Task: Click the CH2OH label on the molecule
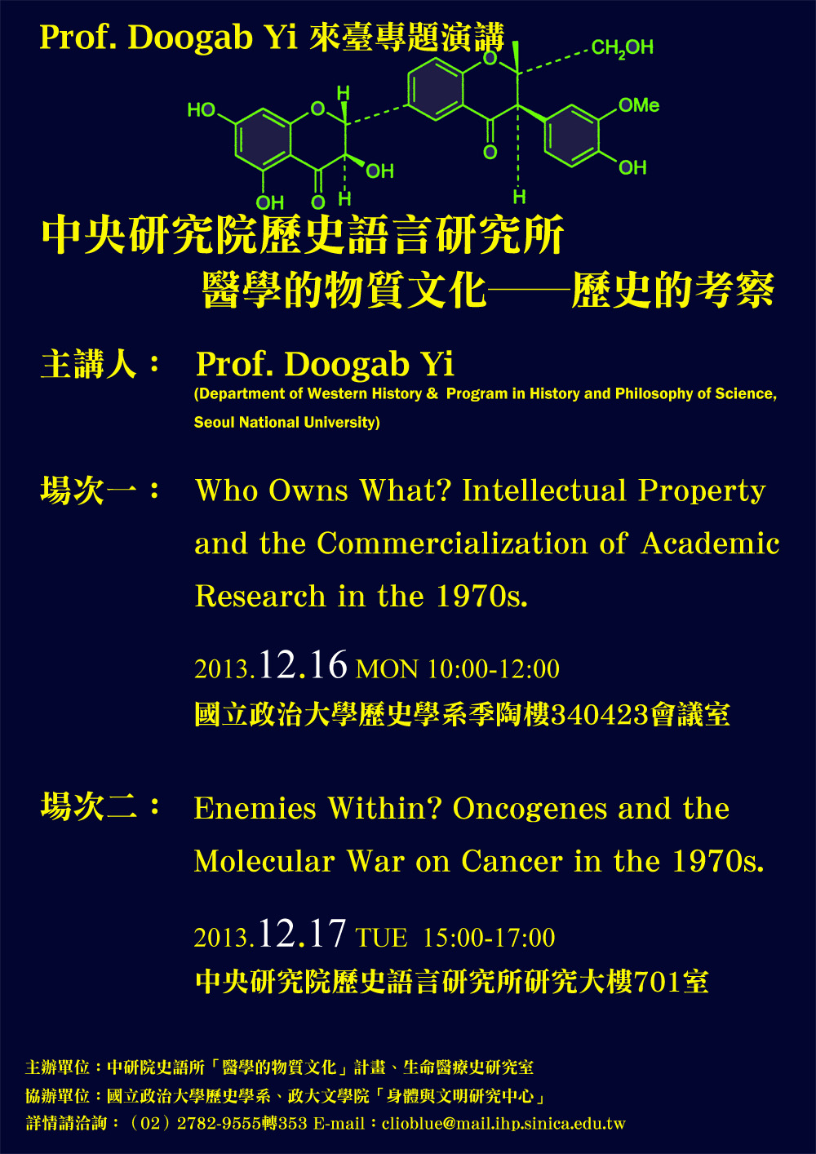[x=623, y=48]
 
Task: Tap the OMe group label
[x=639, y=105]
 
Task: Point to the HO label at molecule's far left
[x=201, y=109]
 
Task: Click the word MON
[x=387, y=669]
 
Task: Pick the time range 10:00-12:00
[x=494, y=668]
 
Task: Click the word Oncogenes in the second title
[x=530, y=808]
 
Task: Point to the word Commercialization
[x=452, y=544]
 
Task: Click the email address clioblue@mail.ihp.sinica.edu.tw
[x=503, y=1123]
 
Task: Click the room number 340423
[x=599, y=715]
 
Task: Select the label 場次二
[x=89, y=806]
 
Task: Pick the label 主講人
[x=89, y=364]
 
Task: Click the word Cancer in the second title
[x=512, y=861]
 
